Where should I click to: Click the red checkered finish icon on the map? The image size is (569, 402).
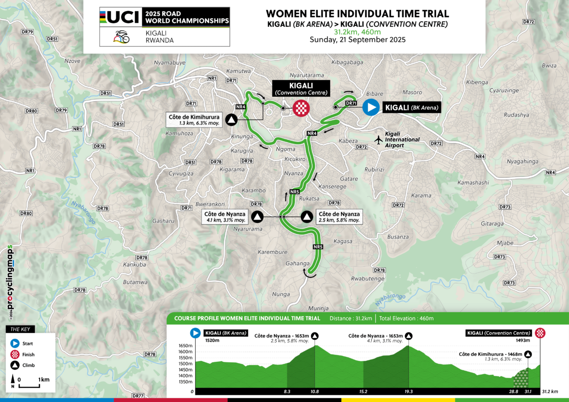coord(301,108)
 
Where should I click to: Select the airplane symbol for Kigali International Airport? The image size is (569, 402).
coord(378,140)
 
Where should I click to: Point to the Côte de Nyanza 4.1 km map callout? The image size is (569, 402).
coord(226,217)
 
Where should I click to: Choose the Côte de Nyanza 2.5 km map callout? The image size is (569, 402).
coord(339,217)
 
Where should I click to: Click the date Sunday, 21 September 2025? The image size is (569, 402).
coord(358,40)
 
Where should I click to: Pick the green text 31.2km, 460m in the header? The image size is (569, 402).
coord(358,32)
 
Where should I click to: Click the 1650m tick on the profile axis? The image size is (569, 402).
coord(185,346)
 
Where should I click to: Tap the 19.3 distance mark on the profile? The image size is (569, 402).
coord(409,392)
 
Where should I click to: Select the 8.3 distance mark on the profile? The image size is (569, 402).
coord(287,392)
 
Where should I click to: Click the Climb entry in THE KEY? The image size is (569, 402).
coord(28,365)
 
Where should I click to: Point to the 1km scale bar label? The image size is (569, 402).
coord(44,379)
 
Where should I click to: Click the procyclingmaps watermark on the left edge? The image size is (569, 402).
coord(10,277)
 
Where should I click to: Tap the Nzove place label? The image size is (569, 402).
coord(73,61)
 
